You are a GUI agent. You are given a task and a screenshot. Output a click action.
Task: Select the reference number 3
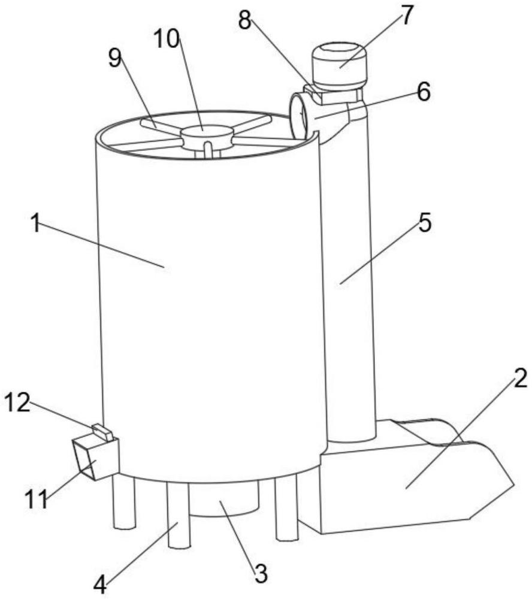[x=259, y=573]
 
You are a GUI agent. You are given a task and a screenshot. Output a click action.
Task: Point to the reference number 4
[x=101, y=582]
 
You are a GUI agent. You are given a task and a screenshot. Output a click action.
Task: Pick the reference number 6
[x=423, y=93]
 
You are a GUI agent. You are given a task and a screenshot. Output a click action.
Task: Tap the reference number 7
[x=406, y=15]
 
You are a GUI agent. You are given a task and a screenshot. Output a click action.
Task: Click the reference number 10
[x=167, y=39]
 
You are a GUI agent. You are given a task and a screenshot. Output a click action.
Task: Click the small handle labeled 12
[x=102, y=431]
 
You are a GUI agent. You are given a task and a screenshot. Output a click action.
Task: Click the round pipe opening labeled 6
[x=298, y=114]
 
